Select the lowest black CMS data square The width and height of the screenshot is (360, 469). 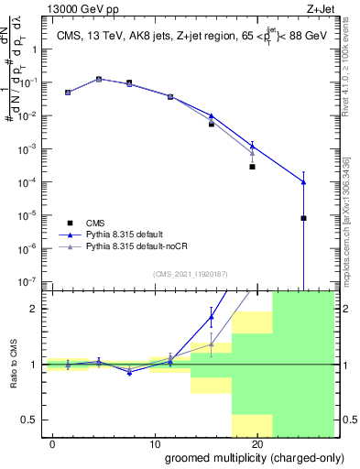[x=303, y=218]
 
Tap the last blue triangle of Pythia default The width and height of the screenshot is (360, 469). [x=303, y=182]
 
